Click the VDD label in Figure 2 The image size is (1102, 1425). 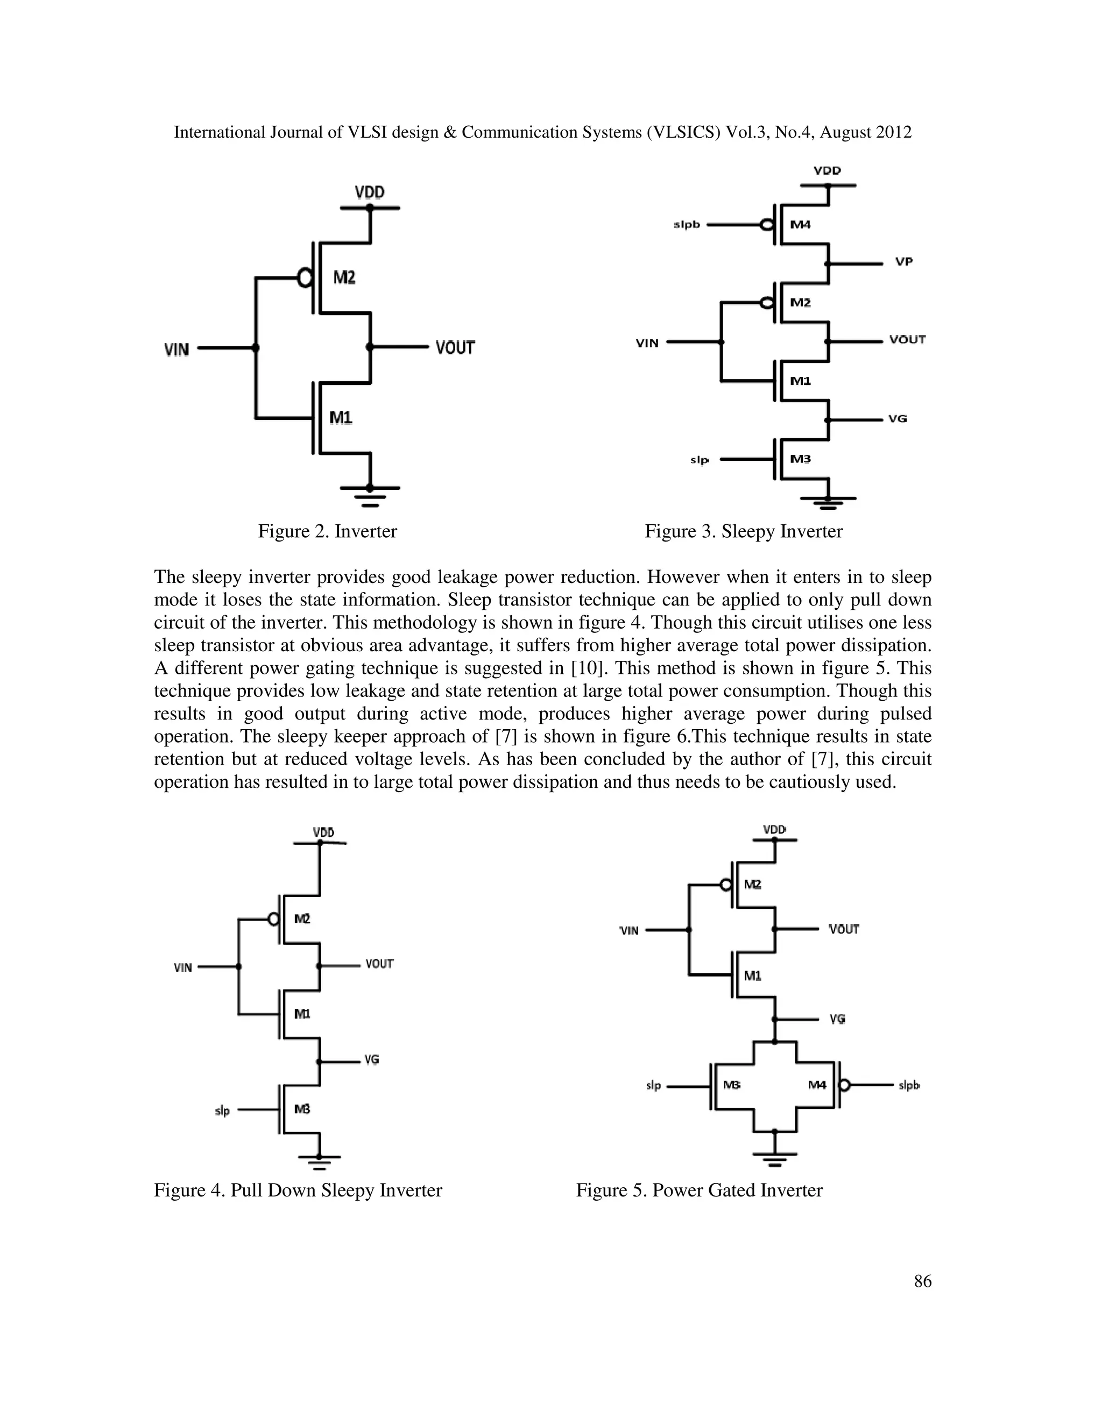(370, 193)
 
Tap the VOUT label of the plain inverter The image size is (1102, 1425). (455, 348)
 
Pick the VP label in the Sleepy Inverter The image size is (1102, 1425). (903, 262)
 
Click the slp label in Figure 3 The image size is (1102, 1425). (699, 460)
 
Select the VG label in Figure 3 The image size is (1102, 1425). (898, 419)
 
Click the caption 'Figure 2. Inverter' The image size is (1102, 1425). (327, 531)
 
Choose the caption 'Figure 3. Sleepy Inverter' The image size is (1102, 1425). (744, 531)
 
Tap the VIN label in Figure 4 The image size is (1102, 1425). (183, 967)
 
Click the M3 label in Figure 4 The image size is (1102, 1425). (302, 1109)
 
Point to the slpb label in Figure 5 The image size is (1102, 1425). (909, 1086)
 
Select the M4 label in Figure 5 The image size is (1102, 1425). (817, 1085)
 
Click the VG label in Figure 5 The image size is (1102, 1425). (838, 1019)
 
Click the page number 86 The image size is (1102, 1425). (922, 1281)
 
